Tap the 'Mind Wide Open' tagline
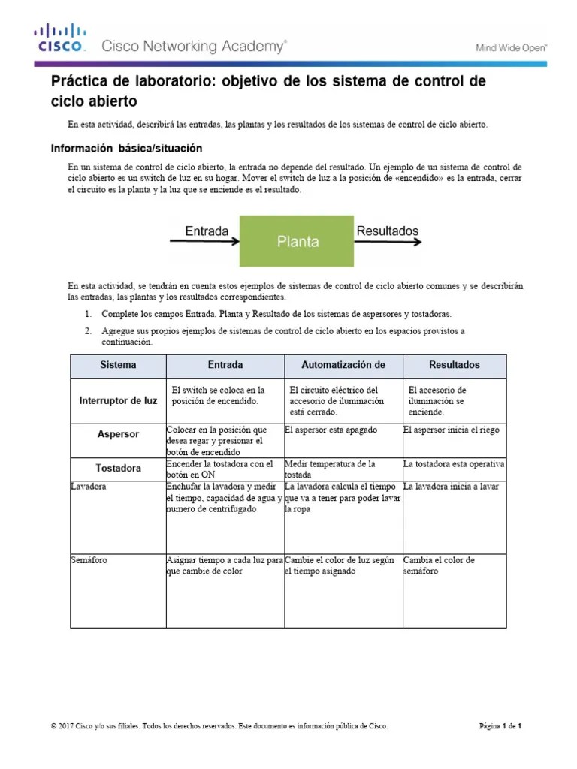tap(512, 47)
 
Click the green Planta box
tap(297, 242)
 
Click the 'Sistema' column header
tap(118, 365)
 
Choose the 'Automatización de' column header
tap(343, 365)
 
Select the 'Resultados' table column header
tap(454, 365)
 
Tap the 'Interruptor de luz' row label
tap(118, 400)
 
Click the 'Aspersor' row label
tap(118, 434)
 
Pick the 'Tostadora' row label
tap(118, 468)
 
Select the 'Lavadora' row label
tap(89, 487)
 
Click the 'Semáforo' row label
tap(89, 560)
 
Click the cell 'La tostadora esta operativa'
tap(454, 463)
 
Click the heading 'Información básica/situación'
tap(125, 149)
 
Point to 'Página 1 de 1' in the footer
tap(500, 726)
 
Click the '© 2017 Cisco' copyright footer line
tap(219, 726)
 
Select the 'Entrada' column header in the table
tap(225, 365)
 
